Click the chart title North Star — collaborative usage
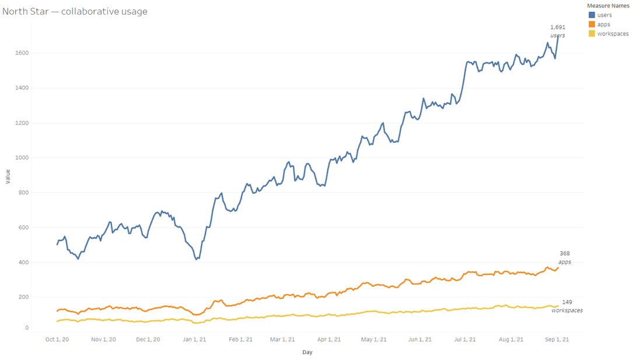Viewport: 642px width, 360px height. (75, 11)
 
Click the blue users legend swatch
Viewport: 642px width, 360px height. (592, 15)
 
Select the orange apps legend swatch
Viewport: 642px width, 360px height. (592, 25)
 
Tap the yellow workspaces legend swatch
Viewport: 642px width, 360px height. (592, 34)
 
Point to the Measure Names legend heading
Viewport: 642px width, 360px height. (608, 6)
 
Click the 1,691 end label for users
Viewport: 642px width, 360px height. (557, 27)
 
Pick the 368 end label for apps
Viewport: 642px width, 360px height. (564, 254)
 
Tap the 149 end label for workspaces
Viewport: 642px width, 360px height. (567, 302)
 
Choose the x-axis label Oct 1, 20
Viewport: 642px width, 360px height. (57, 339)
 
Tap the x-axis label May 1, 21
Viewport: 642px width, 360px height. (374, 339)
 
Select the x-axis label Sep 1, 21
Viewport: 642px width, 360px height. (557, 339)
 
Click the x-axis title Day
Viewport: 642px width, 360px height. (307, 352)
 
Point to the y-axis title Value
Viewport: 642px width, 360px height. (8, 176)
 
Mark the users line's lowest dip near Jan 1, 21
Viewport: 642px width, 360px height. (197, 258)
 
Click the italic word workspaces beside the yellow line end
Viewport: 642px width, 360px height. (567, 310)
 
